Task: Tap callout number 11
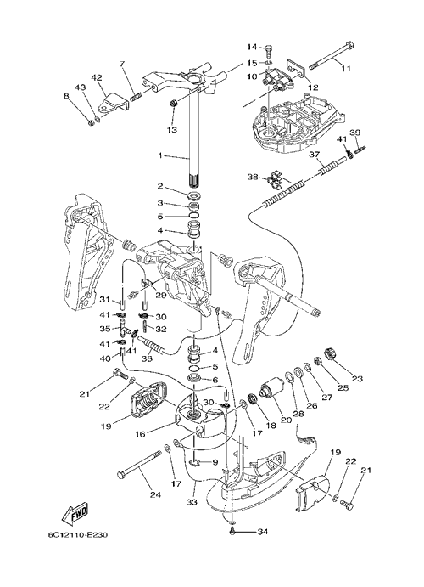tap(346, 70)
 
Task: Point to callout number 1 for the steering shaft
tap(160, 155)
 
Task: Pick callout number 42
tap(96, 78)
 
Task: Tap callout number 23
tap(357, 379)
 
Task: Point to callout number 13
tap(172, 129)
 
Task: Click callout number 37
tap(314, 155)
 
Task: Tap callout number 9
tap(215, 462)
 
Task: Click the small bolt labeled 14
tap(270, 48)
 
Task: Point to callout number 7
tap(122, 63)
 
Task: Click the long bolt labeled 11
tap(331, 54)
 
